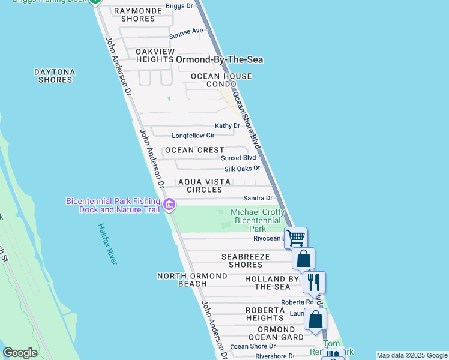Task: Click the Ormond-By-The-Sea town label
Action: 219,59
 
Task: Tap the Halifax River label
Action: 108,245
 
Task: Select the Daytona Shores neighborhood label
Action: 55,76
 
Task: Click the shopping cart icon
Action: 295,238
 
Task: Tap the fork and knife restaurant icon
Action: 314,282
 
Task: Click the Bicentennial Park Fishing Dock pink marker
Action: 169,205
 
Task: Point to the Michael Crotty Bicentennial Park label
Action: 258,220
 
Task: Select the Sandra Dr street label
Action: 258,198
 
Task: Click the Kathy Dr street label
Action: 228,126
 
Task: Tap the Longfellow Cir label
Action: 193,136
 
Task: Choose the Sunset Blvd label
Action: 238,158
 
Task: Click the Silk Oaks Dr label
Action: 242,169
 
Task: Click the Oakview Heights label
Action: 155,55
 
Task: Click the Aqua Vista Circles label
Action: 204,185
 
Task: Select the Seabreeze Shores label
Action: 250,260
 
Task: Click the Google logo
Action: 20,353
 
